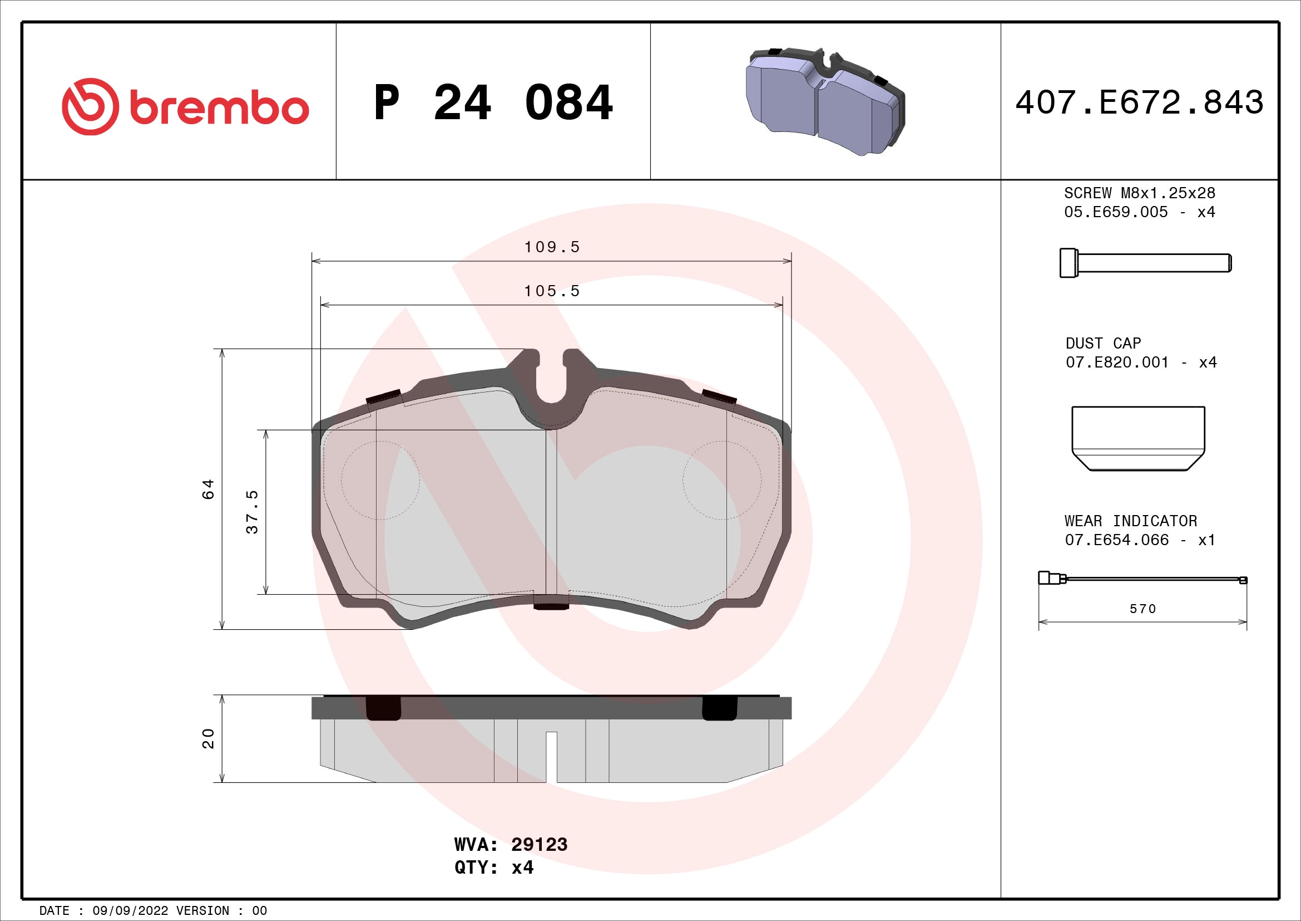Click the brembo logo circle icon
tap(91, 106)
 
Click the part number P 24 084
tap(493, 103)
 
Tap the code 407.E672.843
tap(1139, 103)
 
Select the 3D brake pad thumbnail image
tap(824, 101)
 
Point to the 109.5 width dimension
tap(552, 247)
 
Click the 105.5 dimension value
tap(552, 291)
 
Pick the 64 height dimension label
tap(209, 489)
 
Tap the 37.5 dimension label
tap(252, 512)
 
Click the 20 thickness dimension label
tap(209, 738)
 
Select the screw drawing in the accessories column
tap(1145, 263)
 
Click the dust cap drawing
tap(1138, 438)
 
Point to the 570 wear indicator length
tap(1142, 609)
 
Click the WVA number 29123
tap(539, 845)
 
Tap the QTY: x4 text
tap(493, 868)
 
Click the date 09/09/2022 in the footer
tap(130, 911)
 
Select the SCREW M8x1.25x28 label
tap(1139, 193)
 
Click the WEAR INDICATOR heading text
tap(1130, 521)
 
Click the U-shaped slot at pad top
tap(551, 380)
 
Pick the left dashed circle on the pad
tap(380, 481)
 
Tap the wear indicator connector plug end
tap(1046, 579)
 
